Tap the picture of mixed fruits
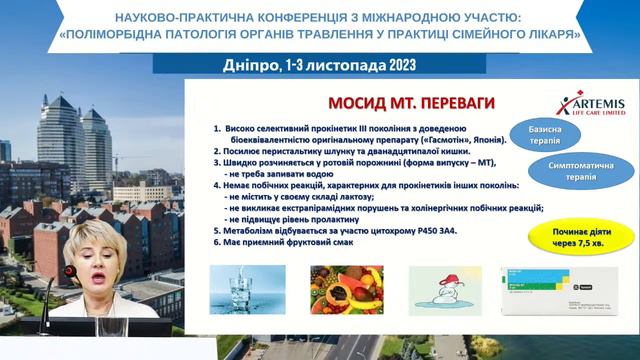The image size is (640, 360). (x=332, y=289)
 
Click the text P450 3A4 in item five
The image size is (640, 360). (x=415, y=230)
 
